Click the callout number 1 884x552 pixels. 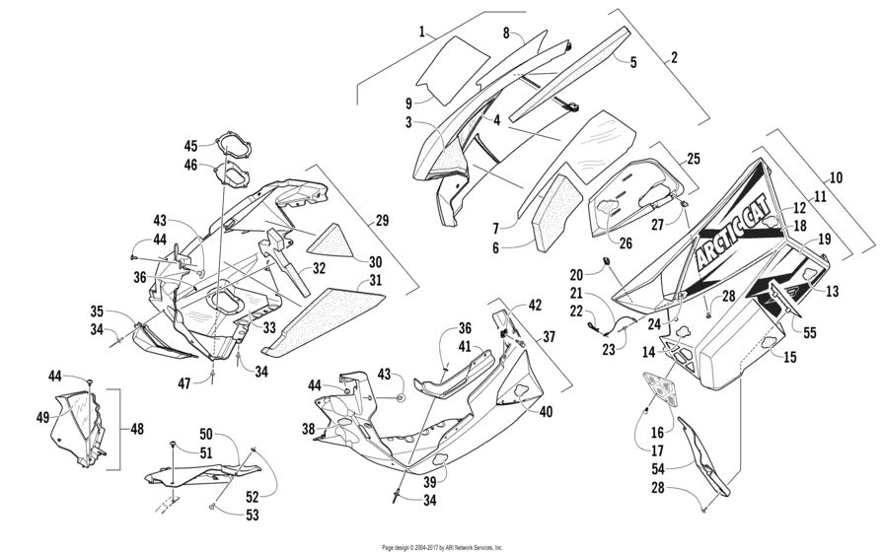click(421, 32)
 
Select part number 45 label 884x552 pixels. click(190, 146)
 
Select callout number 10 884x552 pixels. click(837, 178)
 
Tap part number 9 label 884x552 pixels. click(407, 102)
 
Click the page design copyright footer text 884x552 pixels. click(442, 546)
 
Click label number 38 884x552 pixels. click(308, 429)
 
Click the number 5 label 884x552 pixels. click(633, 60)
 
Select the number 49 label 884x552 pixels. click(42, 417)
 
